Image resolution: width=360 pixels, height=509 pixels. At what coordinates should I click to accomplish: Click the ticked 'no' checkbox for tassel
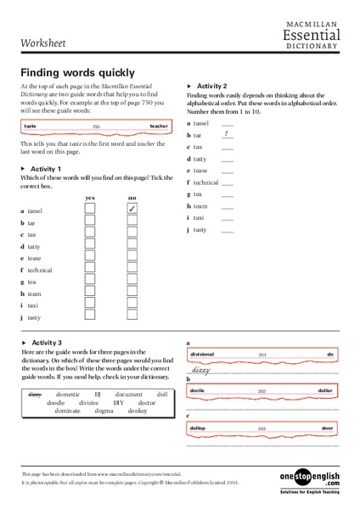pyautogui.click(x=132, y=209)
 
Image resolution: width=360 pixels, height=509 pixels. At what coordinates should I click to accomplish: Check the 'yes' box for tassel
pyautogui.click(x=89, y=209)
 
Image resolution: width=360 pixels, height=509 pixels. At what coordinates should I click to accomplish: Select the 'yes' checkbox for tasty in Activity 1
pyautogui.click(x=89, y=316)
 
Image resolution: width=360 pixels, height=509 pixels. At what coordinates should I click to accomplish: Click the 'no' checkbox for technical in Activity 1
pyautogui.click(x=132, y=269)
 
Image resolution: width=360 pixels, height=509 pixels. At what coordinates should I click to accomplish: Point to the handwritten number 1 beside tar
pyautogui.click(x=225, y=133)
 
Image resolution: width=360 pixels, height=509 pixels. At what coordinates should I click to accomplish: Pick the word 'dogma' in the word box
pyautogui.click(x=104, y=410)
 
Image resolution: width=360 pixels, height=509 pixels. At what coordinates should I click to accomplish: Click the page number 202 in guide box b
pyautogui.click(x=262, y=390)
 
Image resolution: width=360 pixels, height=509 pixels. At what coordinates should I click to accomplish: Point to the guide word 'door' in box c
pyautogui.click(x=327, y=428)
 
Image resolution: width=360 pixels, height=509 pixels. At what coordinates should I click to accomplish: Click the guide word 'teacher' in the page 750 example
pyautogui.click(x=159, y=126)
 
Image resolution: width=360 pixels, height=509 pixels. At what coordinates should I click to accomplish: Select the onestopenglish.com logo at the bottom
pyautogui.click(x=309, y=480)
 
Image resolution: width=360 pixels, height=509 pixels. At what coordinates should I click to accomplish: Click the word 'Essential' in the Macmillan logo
pyautogui.click(x=312, y=35)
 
